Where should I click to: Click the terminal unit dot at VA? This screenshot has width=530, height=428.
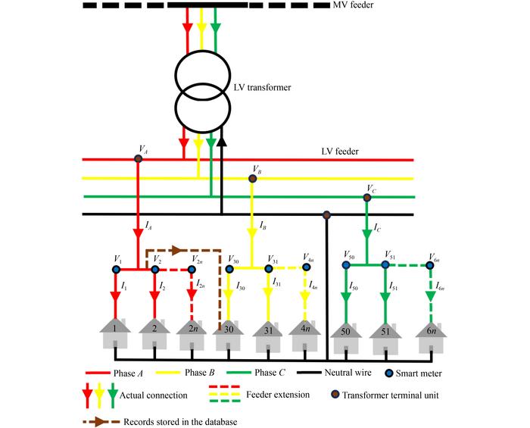139,158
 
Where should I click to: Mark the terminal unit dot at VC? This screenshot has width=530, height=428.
367,198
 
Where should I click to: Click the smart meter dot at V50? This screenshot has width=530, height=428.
347,264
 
